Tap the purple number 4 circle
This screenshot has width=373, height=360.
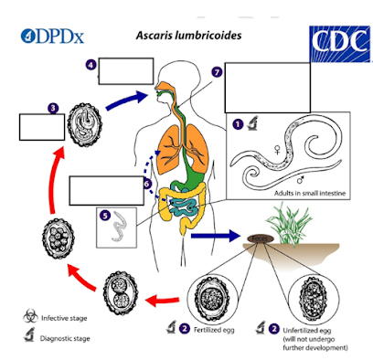[91, 65]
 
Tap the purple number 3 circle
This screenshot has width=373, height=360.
[54, 107]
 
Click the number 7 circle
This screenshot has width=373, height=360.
[216, 71]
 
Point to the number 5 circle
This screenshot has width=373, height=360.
[104, 216]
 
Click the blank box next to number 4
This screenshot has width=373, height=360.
[123, 71]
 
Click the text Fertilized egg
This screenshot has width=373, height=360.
[216, 328]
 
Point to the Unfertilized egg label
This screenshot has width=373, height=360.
[305, 328]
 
